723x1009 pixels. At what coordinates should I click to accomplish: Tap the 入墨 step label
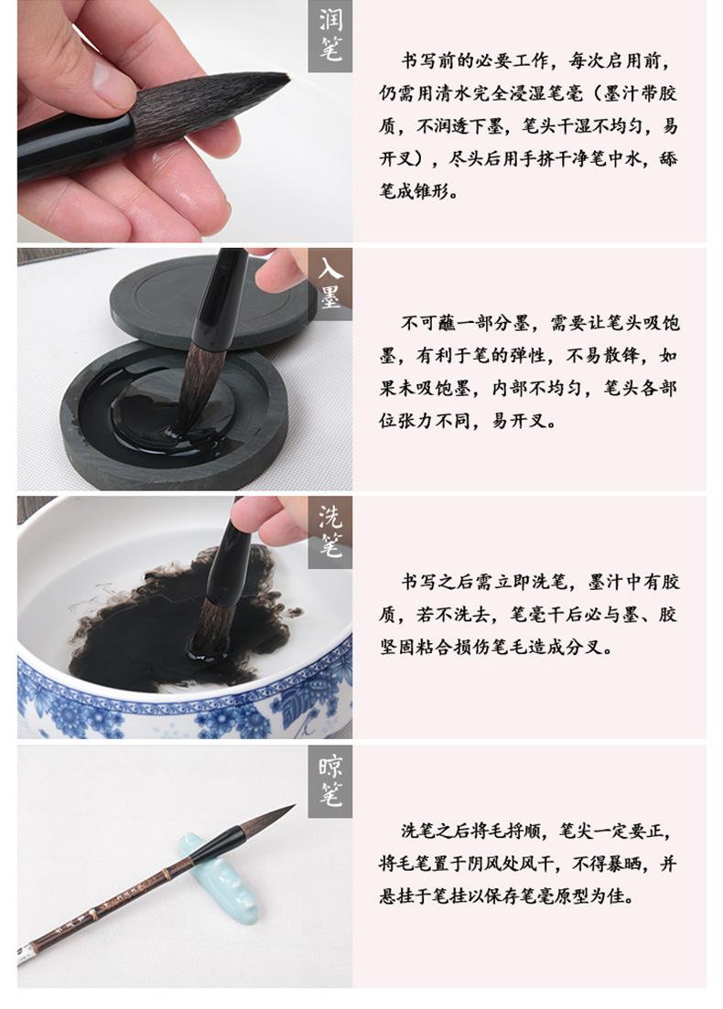[330, 284]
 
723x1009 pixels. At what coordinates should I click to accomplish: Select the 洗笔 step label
[330, 531]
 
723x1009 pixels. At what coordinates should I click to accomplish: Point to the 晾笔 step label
[330, 781]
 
